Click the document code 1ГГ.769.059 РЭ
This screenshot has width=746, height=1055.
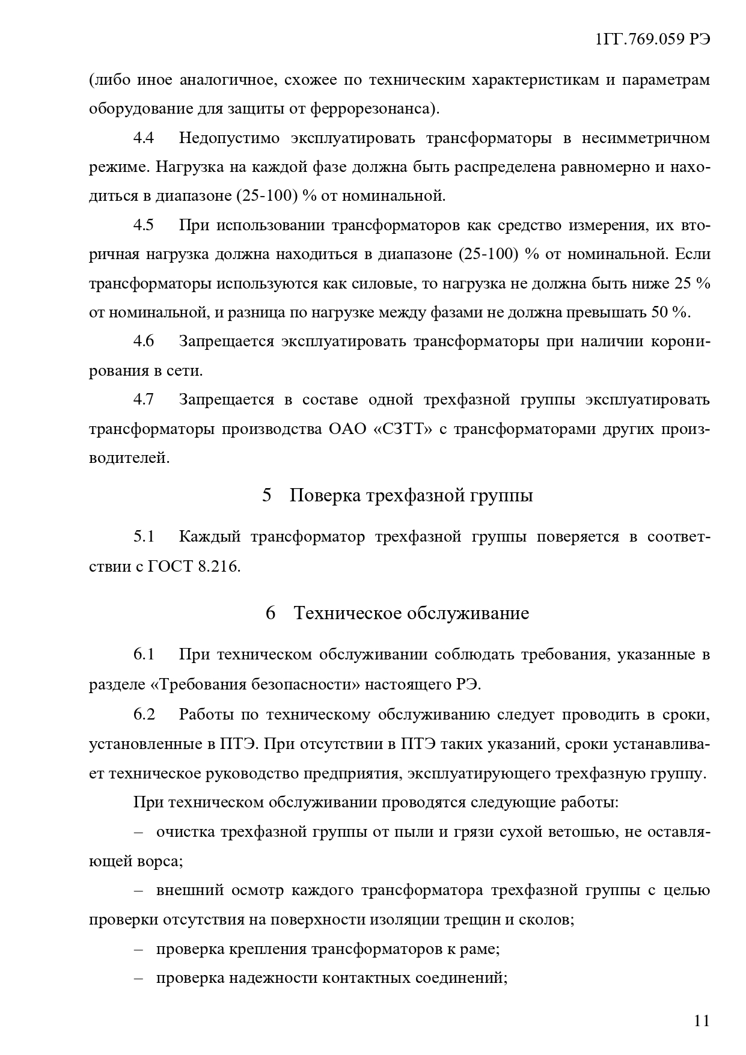click(652, 40)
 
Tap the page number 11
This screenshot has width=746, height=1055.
click(702, 1020)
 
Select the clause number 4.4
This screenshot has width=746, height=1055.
click(144, 138)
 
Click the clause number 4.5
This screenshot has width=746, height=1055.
click(144, 225)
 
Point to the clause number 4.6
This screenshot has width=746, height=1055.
click(144, 341)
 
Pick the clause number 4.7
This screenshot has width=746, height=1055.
click(144, 400)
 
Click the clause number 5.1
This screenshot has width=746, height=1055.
click(144, 536)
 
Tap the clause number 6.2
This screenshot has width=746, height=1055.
click(144, 714)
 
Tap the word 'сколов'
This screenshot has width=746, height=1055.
click(546, 920)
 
